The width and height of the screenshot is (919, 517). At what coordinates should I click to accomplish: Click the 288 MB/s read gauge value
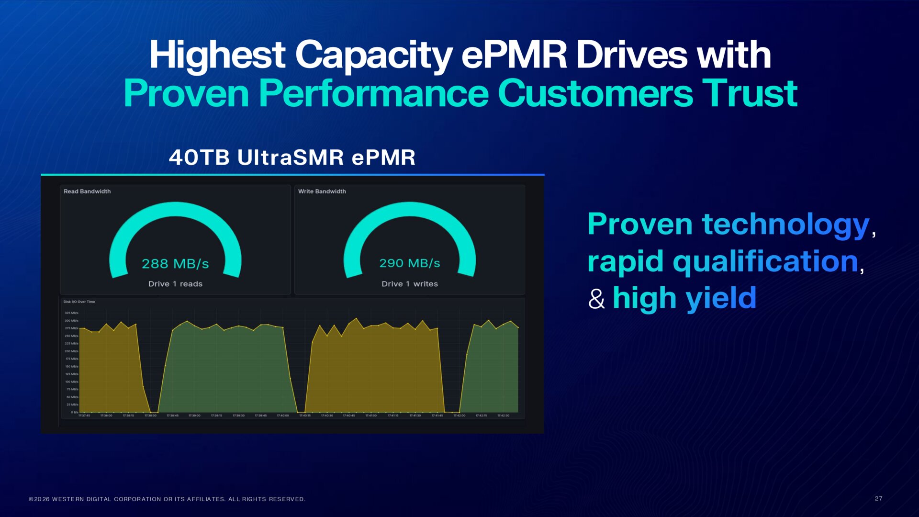click(175, 264)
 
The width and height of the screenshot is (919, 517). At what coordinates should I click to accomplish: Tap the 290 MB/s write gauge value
click(410, 263)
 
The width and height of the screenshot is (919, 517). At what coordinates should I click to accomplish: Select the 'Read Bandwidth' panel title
click(87, 191)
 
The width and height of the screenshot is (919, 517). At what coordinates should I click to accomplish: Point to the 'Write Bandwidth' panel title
click(322, 191)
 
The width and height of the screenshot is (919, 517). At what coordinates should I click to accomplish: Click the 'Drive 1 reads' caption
click(175, 284)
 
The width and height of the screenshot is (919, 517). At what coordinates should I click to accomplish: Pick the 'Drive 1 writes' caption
click(410, 284)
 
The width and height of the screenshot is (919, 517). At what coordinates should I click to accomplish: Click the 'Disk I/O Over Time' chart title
click(79, 302)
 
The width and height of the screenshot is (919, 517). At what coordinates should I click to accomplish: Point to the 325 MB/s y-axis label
click(71, 313)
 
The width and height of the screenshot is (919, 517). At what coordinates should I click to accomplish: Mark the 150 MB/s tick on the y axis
click(71, 367)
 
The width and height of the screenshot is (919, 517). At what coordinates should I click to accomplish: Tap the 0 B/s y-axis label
click(74, 412)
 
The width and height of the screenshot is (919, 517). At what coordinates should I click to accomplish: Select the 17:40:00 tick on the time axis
click(283, 416)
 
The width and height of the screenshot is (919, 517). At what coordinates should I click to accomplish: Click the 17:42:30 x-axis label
click(503, 416)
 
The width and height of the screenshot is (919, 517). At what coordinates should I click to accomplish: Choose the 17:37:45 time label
click(84, 416)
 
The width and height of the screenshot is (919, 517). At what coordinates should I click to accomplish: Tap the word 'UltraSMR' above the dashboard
click(291, 157)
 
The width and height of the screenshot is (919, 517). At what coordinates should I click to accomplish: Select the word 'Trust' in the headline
click(750, 93)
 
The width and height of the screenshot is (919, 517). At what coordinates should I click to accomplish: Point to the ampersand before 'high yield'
click(596, 299)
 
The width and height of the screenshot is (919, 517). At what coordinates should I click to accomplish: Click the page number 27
click(879, 498)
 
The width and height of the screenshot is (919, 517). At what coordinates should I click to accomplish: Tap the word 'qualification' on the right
click(765, 261)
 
